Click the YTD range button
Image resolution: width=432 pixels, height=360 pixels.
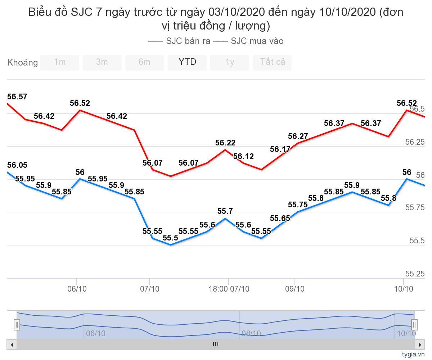pyautogui.click(x=187, y=62)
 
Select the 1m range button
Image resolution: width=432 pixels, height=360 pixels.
pyautogui.click(x=60, y=62)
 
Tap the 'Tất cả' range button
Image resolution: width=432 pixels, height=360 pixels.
pyautogui.click(x=273, y=62)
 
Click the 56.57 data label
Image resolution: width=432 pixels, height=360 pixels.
pyautogui.click(x=17, y=97)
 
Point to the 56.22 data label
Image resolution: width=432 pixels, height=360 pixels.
pyautogui.click(x=225, y=143)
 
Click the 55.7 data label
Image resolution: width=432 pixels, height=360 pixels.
pyautogui.click(x=225, y=211)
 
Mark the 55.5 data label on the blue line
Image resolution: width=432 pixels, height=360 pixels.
pyautogui.click(x=170, y=238)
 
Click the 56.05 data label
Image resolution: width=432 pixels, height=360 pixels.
pyautogui.click(x=17, y=165)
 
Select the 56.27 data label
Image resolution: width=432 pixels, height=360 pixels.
pyautogui.click(x=298, y=136)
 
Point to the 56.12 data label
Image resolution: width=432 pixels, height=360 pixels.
pyautogui.click(x=243, y=157)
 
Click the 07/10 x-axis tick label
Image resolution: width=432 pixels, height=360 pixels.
pyautogui.click(x=150, y=289)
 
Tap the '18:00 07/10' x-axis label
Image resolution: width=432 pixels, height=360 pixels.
pyautogui.click(x=229, y=289)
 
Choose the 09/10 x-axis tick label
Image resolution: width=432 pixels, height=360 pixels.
pyautogui.click(x=295, y=289)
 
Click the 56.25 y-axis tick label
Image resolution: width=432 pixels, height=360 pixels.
pyautogui.click(x=415, y=142)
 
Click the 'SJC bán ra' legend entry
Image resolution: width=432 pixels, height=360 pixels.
pyautogui.click(x=180, y=41)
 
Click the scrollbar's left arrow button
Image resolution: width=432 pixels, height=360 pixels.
pyautogui.click(x=12, y=345)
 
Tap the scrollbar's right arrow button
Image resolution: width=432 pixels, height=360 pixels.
pyautogui.click(x=419, y=345)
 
